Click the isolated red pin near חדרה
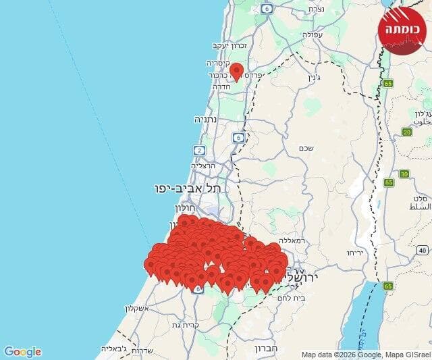click(236, 70)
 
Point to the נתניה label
click(208, 119)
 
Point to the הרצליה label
click(203, 165)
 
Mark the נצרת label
click(316, 9)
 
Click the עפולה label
click(315, 34)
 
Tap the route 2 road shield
click(199, 150)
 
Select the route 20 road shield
click(406, 132)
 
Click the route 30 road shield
click(404, 174)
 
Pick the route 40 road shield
click(423, 250)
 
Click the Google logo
click(23, 352)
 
